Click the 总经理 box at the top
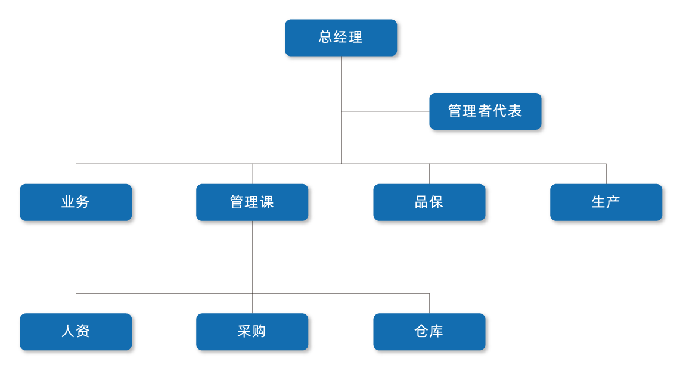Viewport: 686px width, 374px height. (x=340, y=38)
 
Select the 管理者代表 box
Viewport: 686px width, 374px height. (x=485, y=111)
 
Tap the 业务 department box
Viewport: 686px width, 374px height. (x=75, y=202)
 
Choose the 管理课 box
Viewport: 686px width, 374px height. (x=252, y=202)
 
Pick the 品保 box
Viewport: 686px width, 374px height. (x=429, y=202)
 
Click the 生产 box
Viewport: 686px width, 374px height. (x=606, y=202)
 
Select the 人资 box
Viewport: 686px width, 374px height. (x=75, y=331)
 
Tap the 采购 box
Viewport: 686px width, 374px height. (x=252, y=331)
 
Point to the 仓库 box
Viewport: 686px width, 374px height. (x=429, y=331)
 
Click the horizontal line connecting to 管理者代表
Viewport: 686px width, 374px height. (x=384, y=111)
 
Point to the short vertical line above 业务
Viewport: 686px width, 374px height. (x=76, y=173)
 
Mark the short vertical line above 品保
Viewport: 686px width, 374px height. (x=429, y=173)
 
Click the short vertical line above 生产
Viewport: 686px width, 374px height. (x=606, y=173)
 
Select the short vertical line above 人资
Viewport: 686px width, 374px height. (x=76, y=302)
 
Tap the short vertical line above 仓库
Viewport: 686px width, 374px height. (x=429, y=302)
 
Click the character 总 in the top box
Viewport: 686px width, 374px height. (x=325, y=38)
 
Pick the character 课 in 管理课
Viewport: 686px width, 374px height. (x=267, y=202)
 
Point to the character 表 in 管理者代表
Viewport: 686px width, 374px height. (x=515, y=111)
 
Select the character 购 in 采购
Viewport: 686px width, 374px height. (x=259, y=331)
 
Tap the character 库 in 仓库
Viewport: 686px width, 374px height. (x=436, y=331)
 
